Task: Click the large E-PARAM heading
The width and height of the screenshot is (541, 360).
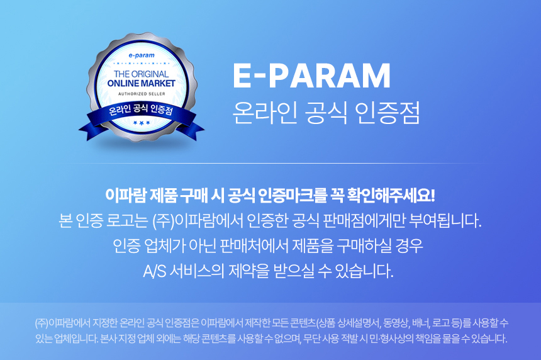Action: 312,76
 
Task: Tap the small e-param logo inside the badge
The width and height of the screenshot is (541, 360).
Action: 142,55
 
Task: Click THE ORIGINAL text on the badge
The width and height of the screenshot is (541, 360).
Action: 141,74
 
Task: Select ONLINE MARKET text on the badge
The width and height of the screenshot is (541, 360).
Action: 141,83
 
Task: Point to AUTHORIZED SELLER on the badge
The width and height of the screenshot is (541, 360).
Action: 142,94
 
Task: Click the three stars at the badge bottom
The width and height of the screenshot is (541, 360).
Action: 142,123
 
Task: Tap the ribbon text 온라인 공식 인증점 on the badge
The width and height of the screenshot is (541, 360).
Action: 141,110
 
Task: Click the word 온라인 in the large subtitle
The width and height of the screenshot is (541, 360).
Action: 265,113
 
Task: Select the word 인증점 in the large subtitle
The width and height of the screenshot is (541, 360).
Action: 387,113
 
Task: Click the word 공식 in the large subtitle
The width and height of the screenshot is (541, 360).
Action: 326,113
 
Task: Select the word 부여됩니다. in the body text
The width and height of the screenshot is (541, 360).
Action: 445,221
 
